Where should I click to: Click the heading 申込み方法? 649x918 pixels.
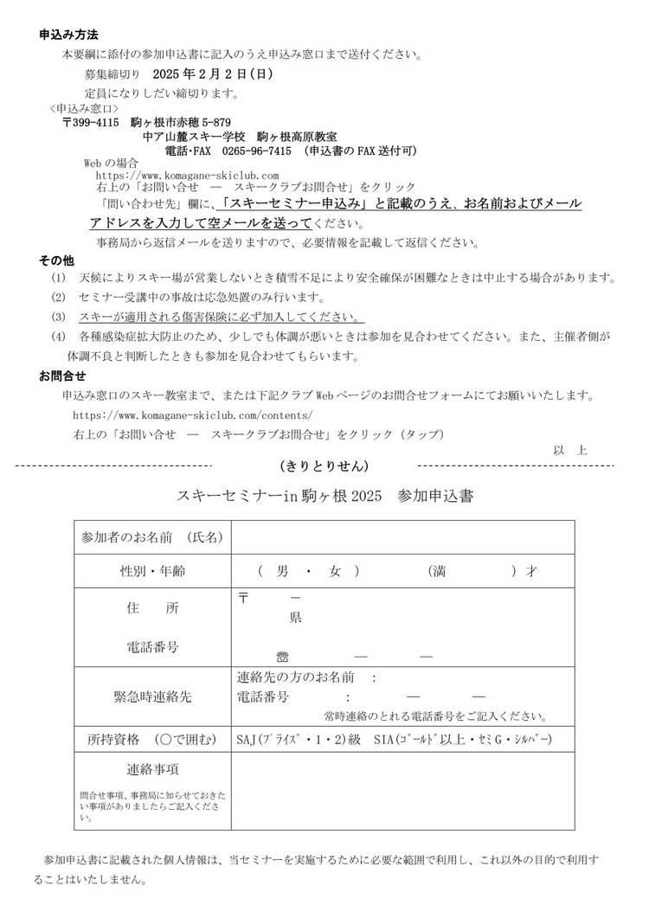(x=69, y=35)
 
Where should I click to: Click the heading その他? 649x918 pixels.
(x=57, y=260)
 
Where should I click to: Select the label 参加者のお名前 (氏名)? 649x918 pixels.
(x=152, y=537)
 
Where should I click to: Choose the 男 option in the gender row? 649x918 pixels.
(x=282, y=572)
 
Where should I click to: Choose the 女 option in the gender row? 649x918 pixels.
(x=334, y=572)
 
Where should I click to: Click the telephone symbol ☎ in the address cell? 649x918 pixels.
(x=281, y=657)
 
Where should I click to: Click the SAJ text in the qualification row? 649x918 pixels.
(x=250, y=741)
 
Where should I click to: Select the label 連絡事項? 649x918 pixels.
(x=152, y=769)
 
